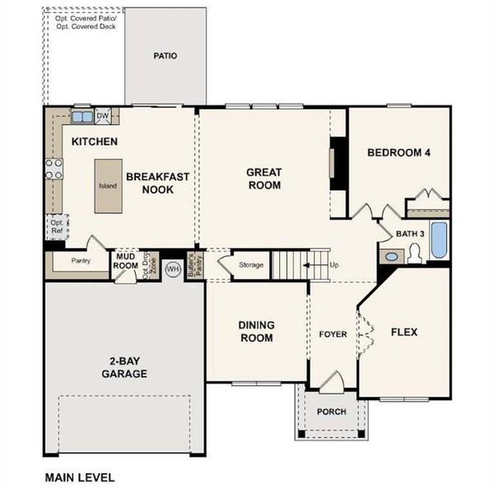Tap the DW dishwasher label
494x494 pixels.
pos(103,116)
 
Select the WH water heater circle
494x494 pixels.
pos(173,268)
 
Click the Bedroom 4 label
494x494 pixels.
pos(398,152)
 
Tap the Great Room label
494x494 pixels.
pos(264,179)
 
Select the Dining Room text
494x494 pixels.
pos(256,331)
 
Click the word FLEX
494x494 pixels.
pos(403,333)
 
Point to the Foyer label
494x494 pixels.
pos(333,334)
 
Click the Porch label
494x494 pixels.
pos(331,412)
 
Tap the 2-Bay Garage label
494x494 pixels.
pos(125,367)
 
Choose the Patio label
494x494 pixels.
pos(165,57)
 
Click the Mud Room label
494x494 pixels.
pos(126,261)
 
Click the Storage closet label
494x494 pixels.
pos(251,265)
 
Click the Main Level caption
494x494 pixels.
pos(80,477)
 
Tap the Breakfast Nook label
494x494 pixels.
pos(158,182)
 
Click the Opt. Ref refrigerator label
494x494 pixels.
pos(57,227)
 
